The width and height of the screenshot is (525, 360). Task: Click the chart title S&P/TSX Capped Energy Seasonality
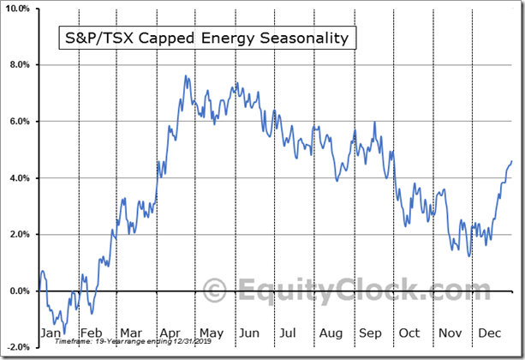click(x=205, y=39)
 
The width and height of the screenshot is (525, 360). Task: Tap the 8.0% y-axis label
click(x=19, y=65)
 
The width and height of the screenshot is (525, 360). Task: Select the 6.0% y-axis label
click(x=19, y=122)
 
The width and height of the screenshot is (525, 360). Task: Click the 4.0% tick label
click(x=19, y=178)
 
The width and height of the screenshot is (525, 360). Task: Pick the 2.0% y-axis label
click(x=19, y=234)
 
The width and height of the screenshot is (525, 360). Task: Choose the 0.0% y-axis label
click(x=19, y=291)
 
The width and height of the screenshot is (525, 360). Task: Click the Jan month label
click(x=51, y=333)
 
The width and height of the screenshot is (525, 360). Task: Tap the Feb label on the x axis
click(x=91, y=333)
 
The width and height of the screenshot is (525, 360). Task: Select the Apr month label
click(x=170, y=333)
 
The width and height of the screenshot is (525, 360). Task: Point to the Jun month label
click(x=248, y=333)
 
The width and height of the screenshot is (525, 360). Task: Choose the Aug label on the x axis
click(x=329, y=333)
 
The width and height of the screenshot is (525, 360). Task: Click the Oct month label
click(x=409, y=333)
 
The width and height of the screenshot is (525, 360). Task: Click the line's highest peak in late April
click(x=185, y=76)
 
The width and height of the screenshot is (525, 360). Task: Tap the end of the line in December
click(x=512, y=161)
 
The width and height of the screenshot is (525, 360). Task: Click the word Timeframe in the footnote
click(x=71, y=341)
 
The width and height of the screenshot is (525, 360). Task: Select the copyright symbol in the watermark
click(x=214, y=289)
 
